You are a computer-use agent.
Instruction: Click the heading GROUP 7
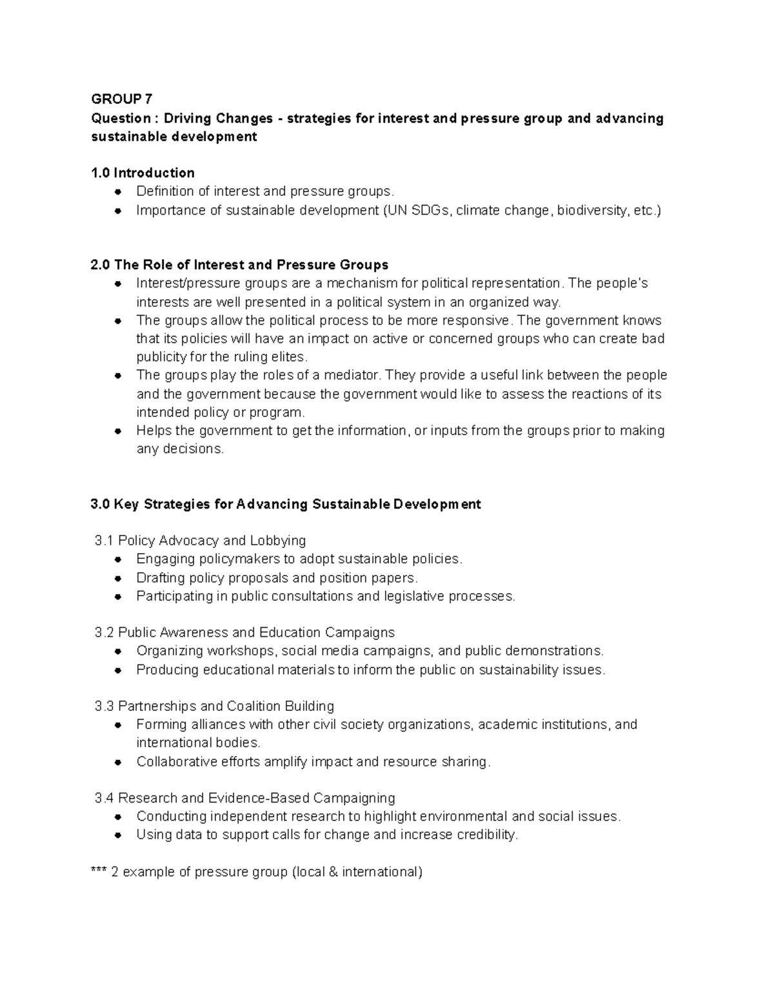pyautogui.click(x=122, y=99)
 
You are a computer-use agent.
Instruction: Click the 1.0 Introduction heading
pyautogui.click(x=143, y=173)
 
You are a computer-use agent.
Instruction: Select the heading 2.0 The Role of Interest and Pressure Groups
pyautogui.click(x=239, y=265)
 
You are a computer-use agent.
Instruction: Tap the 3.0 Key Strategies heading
pyautogui.click(x=286, y=504)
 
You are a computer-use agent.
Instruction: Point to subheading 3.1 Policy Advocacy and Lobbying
pyautogui.click(x=200, y=540)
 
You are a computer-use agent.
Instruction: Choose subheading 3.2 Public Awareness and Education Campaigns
pyautogui.click(x=244, y=632)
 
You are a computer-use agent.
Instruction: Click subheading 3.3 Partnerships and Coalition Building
pyautogui.click(x=214, y=706)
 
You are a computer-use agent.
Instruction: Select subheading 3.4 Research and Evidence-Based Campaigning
pyautogui.click(x=244, y=798)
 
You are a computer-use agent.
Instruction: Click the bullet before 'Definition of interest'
pyautogui.click(x=118, y=192)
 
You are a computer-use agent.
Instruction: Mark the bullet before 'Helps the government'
pyautogui.click(x=118, y=431)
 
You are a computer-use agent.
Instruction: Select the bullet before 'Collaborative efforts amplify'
pyautogui.click(x=118, y=763)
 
